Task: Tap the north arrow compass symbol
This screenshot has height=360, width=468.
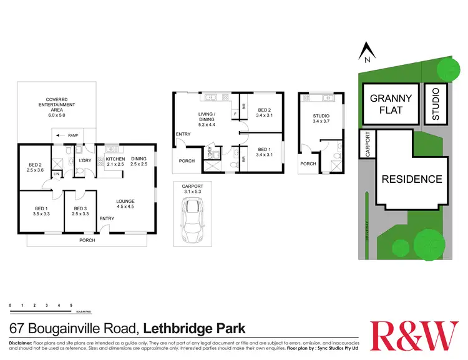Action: [368, 52]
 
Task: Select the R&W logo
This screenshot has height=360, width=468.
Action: [414, 335]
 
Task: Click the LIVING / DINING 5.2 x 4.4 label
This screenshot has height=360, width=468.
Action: [207, 118]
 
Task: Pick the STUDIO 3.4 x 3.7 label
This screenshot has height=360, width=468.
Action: [321, 119]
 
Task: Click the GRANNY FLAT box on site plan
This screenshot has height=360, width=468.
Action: [391, 104]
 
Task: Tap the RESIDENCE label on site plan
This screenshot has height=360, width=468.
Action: [412, 179]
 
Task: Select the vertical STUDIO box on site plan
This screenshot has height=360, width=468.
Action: [436, 104]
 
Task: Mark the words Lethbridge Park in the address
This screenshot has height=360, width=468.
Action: [195, 328]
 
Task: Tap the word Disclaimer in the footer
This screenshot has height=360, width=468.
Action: [24, 343]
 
